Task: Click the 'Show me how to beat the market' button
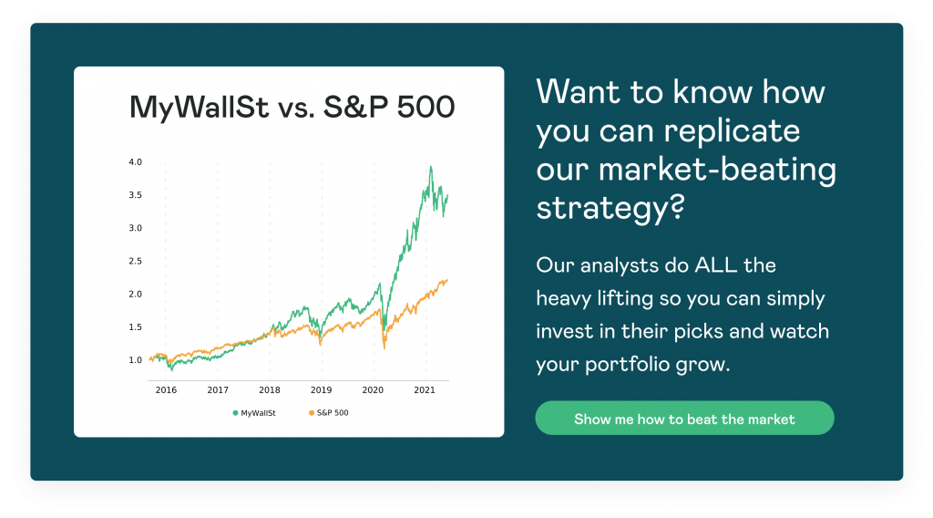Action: (684, 418)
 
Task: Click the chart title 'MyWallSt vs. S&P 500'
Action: (292, 108)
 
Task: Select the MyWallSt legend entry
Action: (254, 412)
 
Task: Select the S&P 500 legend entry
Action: (328, 412)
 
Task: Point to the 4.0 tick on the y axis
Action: (136, 162)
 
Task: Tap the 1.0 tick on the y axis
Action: (136, 359)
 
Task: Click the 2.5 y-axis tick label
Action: (136, 261)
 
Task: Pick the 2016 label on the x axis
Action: (166, 390)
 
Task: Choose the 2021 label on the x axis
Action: (425, 390)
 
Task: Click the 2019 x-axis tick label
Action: (322, 390)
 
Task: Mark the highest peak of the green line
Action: (431, 167)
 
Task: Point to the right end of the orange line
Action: (447, 280)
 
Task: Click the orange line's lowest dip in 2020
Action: (384, 348)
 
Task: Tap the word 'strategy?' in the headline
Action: (610, 209)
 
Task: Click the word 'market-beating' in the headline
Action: (717, 169)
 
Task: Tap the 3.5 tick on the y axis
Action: (136, 194)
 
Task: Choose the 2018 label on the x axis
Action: (270, 390)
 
